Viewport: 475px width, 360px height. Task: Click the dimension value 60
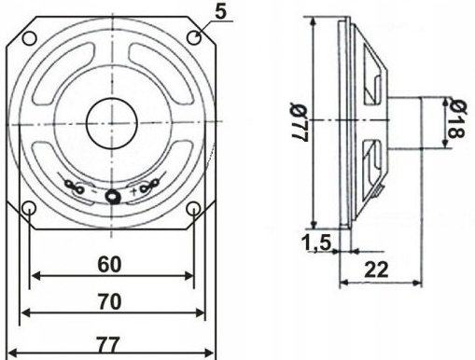109,265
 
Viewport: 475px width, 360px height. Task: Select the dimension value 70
109,301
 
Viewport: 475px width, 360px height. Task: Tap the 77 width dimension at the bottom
107,345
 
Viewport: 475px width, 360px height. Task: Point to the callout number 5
220,12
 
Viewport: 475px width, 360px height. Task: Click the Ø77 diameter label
298,122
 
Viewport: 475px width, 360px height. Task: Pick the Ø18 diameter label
456,118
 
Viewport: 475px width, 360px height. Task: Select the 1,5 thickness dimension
316,242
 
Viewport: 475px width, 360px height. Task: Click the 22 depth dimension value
377,270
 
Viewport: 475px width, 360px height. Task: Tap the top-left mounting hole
29,38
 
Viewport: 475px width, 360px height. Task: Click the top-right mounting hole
194,37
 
